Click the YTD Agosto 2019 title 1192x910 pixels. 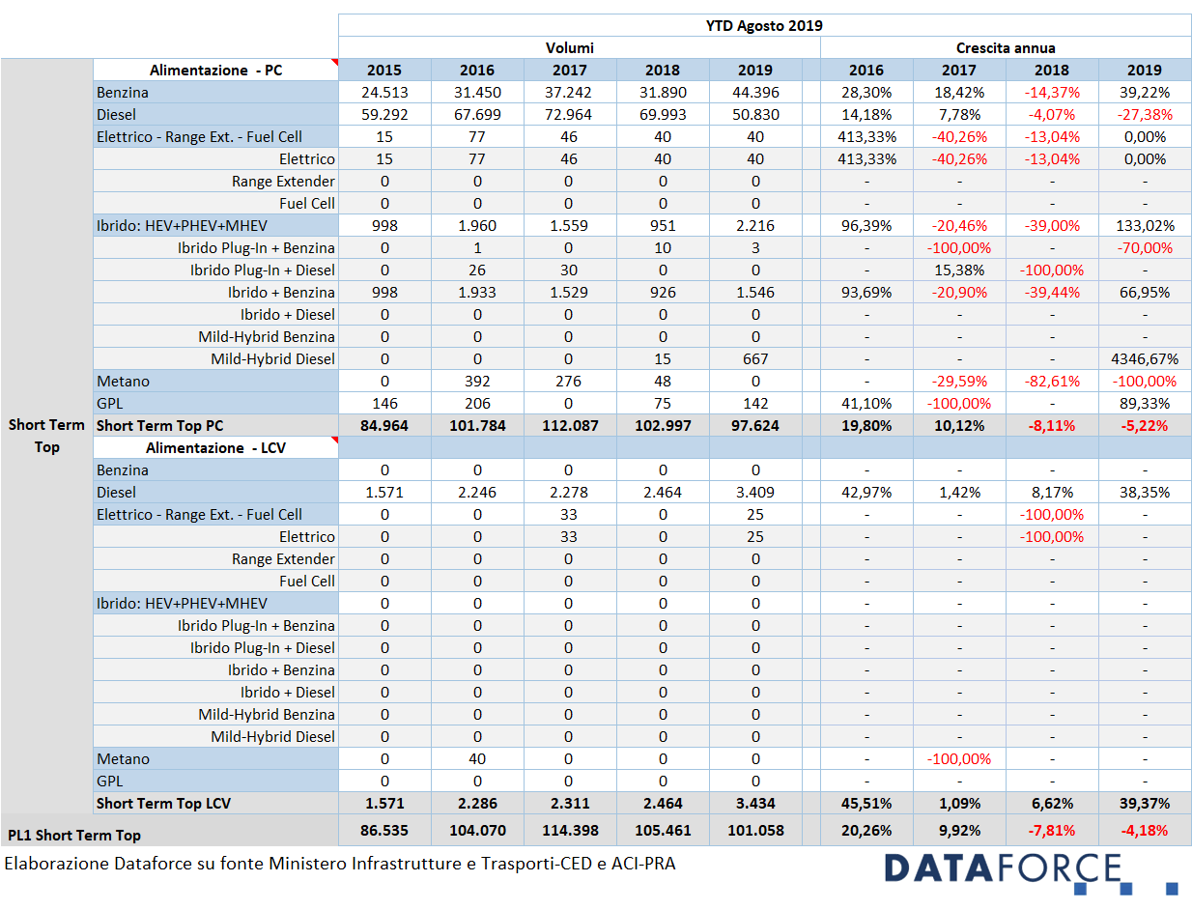point(764,25)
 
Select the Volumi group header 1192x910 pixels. point(570,47)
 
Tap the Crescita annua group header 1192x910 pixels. point(1006,47)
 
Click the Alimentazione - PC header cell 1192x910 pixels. point(215,71)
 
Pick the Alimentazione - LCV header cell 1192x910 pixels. point(215,448)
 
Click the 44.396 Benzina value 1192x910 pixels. point(755,93)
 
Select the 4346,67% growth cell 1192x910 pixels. point(1145,359)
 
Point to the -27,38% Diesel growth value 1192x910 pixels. point(1145,115)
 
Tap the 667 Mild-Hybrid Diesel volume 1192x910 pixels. point(755,359)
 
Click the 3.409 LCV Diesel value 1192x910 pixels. point(755,493)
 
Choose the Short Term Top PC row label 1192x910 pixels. point(159,426)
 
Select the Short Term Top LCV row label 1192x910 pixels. point(163,804)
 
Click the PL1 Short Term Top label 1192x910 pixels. point(73,835)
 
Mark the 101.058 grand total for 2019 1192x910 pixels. point(755,830)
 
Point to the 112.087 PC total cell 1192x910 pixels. point(570,426)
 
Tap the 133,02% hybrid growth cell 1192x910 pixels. point(1145,226)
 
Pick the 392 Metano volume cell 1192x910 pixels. point(477,382)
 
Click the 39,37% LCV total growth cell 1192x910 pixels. point(1145,804)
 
